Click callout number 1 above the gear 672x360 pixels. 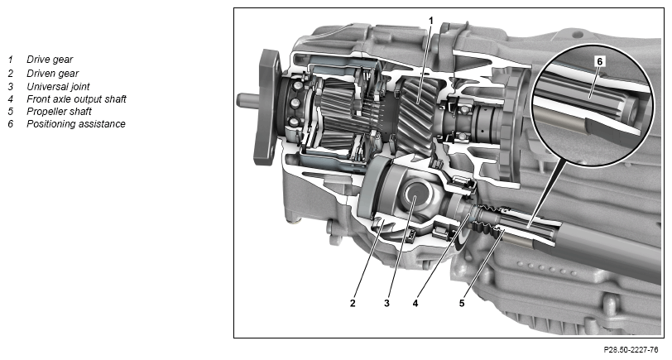pyautogui.click(x=431, y=21)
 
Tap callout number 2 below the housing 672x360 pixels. pyautogui.click(x=353, y=304)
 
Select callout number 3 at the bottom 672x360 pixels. pyautogui.click(x=386, y=304)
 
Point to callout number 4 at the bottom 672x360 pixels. pyautogui.click(x=415, y=304)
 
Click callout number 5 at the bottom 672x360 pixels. pyautogui.click(x=462, y=304)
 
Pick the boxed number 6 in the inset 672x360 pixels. pyautogui.click(x=599, y=62)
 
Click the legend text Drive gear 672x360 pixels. pyautogui.click(x=50, y=60)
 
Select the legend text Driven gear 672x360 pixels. pyautogui.click(x=53, y=74)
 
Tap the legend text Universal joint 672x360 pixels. pyautogui.click(x=58, y=87)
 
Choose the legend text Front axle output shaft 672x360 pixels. pyautogui.click(x=76, y=99)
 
